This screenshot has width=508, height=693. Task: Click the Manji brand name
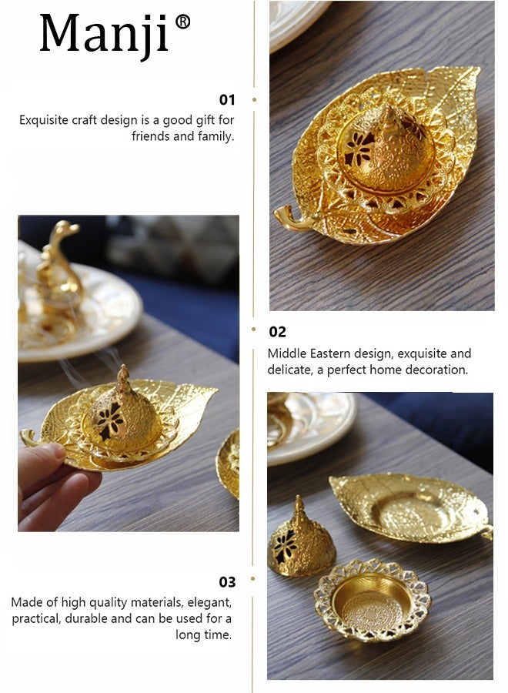click(x=104, y=34)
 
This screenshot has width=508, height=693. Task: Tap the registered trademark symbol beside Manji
click(x=182, y=22)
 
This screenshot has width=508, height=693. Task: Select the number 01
click(x=226, y=100)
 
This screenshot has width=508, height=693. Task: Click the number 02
click(x=277, y=332)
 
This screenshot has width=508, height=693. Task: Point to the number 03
click(x=227, y=582)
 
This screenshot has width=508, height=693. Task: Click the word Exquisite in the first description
click(x=44, y=120)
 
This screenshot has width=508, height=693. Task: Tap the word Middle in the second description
click(x=287, y=353)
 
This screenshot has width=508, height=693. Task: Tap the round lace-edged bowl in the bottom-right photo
click(x=373, y=600)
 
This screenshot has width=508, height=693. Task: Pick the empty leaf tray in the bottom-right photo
click(x=411, y=507)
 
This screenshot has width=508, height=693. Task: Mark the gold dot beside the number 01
click(x=254, y=100)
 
